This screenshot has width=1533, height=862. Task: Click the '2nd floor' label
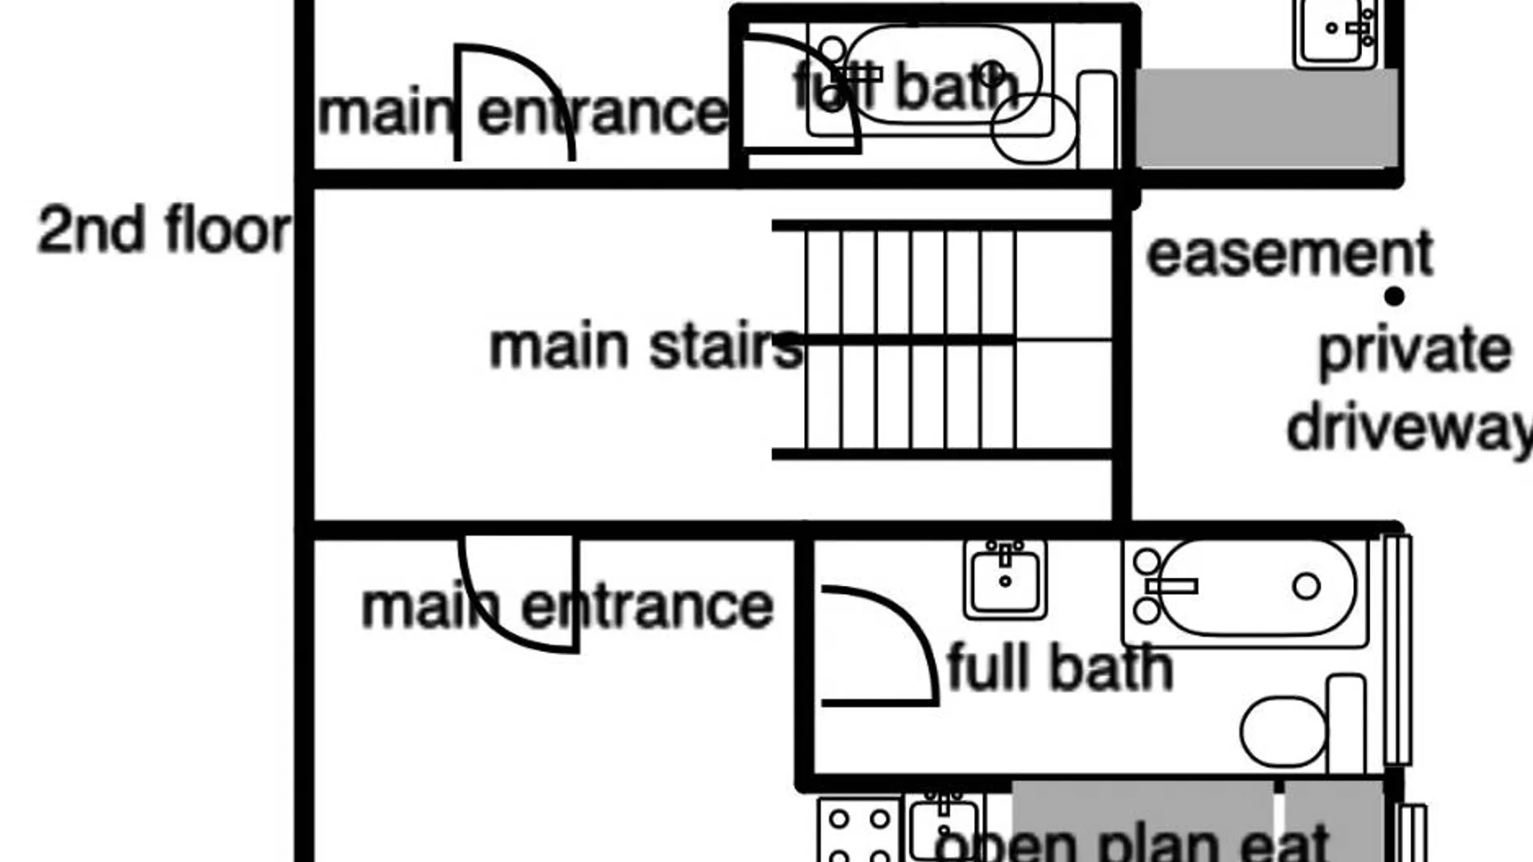click(164, 230)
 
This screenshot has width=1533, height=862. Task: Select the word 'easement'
click(1290, 254)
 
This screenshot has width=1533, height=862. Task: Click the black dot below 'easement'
click(1394, 297)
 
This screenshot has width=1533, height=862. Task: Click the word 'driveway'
click(1409, 429)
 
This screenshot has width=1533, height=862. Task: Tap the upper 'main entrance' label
click(523, 112)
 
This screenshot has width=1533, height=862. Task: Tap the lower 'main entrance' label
click(568, 607)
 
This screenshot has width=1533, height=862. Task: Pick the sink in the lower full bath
click(1005, 579)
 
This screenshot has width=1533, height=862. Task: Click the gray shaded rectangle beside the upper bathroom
click(1266, 118)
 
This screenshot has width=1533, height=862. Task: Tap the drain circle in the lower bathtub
click(1306, 586)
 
